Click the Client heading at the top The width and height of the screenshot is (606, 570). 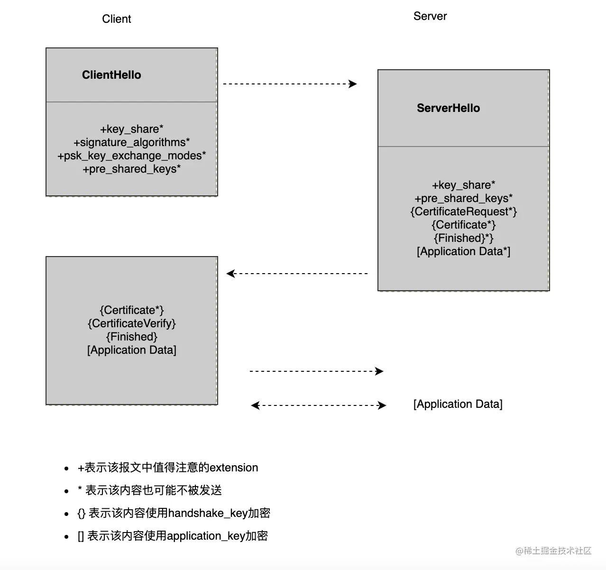pos(116,19)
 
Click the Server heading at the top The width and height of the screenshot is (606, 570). pos(430,16)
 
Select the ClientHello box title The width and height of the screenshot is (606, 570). pos(111,75)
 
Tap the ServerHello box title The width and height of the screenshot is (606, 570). pos(448,108)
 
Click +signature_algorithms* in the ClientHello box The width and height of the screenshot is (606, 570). pos(131,142)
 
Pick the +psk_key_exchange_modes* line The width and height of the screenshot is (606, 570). pos(131,156)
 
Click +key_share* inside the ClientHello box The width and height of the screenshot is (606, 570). pos(131,129)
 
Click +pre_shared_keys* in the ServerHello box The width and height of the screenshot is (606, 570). pos(463,198)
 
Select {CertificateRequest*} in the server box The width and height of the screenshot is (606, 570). pos(463,211)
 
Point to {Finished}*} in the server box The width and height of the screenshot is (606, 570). pos(463,238)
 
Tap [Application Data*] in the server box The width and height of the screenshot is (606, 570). pos(463,251)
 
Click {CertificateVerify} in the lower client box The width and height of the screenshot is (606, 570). pos(131,323)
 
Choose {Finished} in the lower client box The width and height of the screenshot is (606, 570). pos(131,337)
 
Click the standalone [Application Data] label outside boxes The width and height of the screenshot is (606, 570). pos(458,404)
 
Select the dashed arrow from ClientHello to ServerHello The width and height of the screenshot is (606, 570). pos(289,84)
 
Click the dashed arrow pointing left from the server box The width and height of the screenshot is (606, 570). pos(297,274)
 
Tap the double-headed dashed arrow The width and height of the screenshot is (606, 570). pos(318,405)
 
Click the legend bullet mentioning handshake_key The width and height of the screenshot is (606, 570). pos(174,513)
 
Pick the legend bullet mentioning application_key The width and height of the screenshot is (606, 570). pos(173,536)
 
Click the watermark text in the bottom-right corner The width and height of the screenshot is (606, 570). pos(553,551)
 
